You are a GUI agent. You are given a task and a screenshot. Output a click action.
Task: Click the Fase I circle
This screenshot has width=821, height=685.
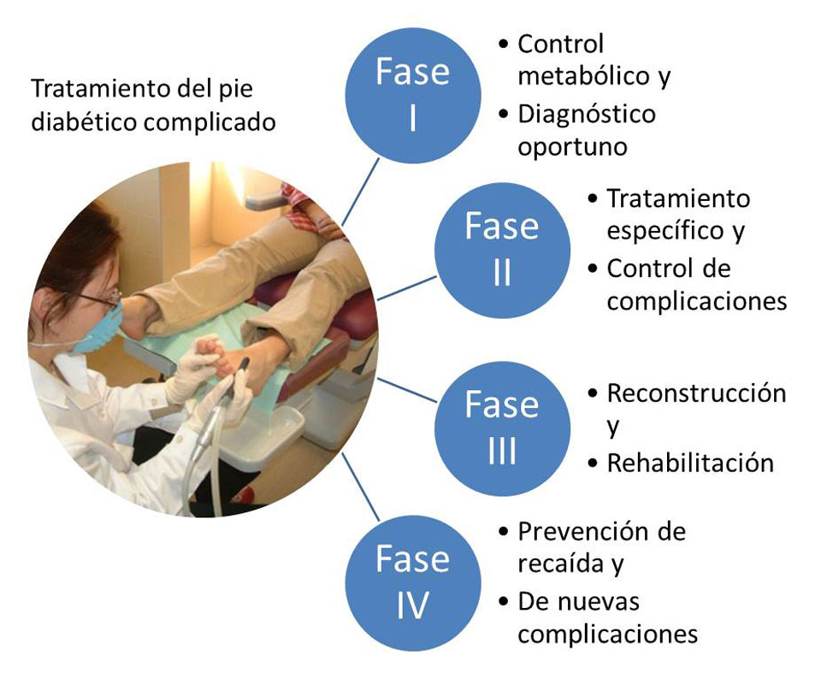pos(412,95)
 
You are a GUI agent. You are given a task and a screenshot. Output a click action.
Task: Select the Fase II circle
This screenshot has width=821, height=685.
pos(502,250)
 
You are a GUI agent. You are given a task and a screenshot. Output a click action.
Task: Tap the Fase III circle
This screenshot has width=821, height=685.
pos(502,428)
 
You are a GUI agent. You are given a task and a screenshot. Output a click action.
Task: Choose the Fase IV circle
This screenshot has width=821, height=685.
pos(412,583)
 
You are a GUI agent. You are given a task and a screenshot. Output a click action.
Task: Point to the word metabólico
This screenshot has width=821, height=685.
pos(584,75)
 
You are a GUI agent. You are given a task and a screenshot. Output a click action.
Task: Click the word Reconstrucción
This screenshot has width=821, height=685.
pos(696,393)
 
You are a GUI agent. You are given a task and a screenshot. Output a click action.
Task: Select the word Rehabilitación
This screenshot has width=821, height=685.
pos(690,463)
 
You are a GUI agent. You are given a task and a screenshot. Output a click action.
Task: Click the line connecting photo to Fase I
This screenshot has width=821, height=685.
pos(360,192)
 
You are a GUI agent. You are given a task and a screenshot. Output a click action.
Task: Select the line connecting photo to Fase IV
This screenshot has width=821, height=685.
pos(360,487)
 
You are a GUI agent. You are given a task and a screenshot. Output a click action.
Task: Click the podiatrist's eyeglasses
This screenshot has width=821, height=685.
pos(99,298)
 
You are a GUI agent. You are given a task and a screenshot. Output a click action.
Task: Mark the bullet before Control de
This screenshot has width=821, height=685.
pos(593,269)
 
